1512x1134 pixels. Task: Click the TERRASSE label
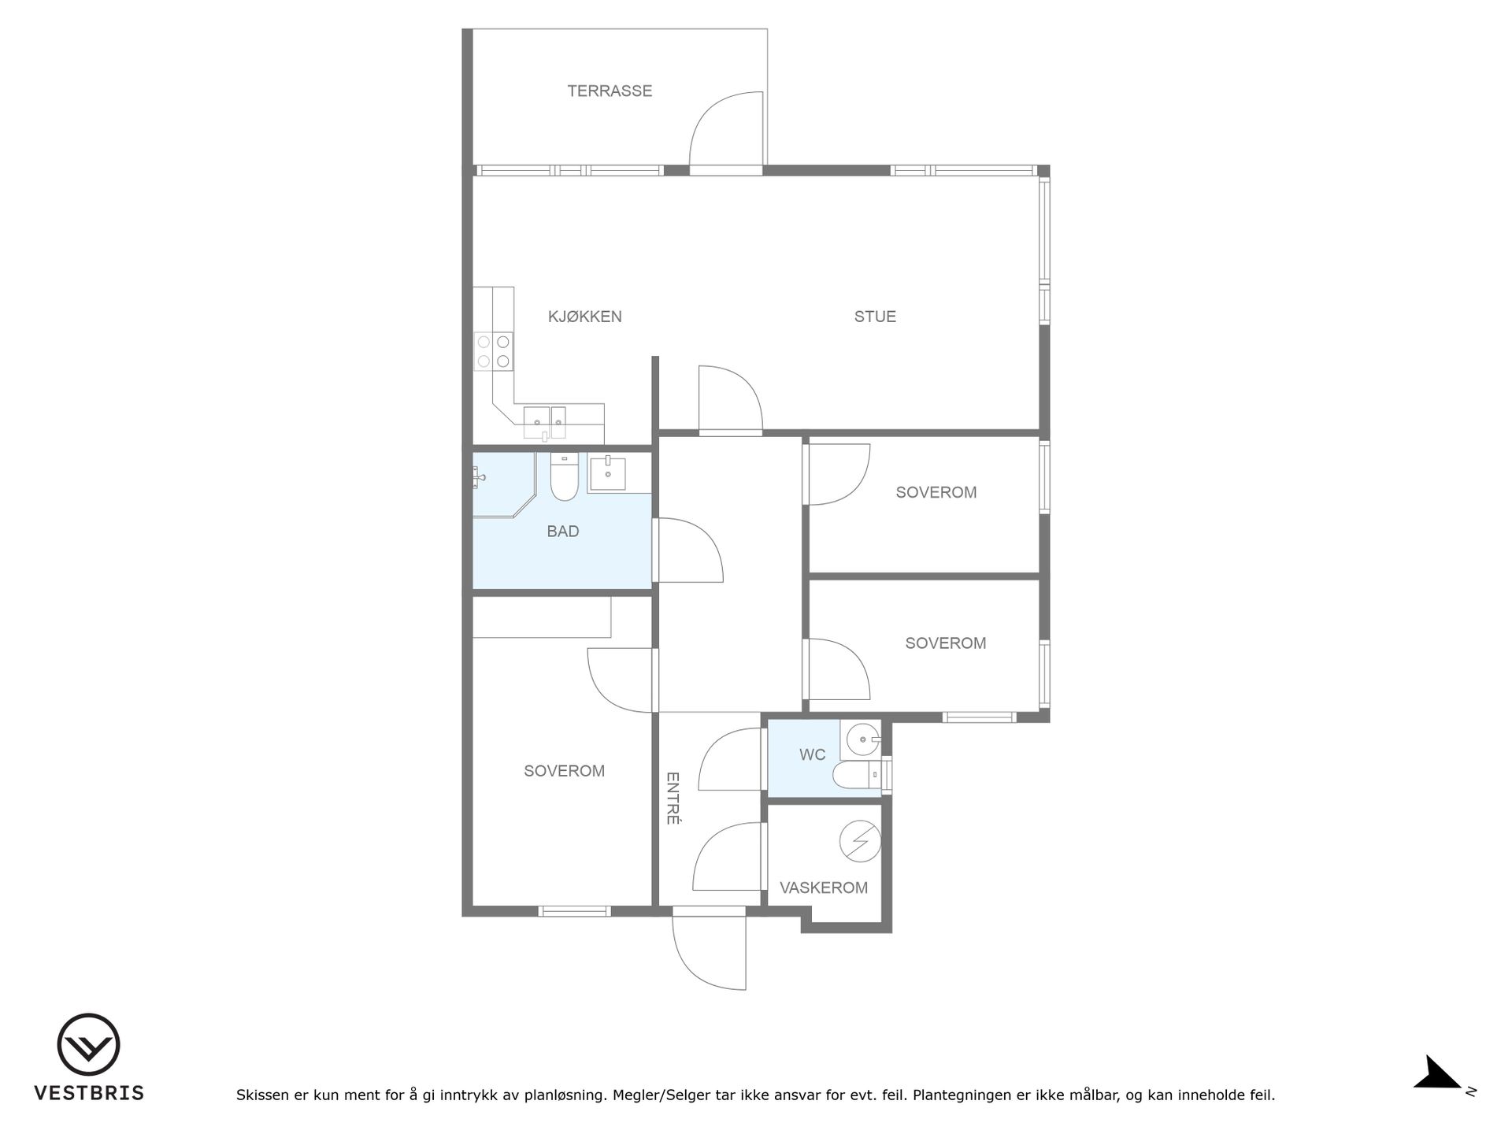[x=610, y=91]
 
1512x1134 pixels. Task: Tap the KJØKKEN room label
[x=585, y=317]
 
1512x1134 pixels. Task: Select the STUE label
[x=875, y=317]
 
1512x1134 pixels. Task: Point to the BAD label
[x=563, y=532]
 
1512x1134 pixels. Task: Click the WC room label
[x=813, y=754]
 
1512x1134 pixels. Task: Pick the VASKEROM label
[x=824, y=888]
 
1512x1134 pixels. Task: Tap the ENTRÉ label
[x=673, y=798]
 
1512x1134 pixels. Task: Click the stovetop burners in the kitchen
[x=494, y=351]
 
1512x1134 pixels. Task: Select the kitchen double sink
[x=545, y=422]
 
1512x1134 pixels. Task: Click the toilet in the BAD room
[x=564, y=477]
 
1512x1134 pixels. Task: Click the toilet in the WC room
[x=858, y=776]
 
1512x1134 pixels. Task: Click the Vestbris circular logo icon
[x=88, y=1044]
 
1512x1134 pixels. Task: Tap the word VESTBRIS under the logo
[x=88, y=1093]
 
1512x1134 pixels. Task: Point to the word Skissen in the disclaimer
[x=262, y=1095]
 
